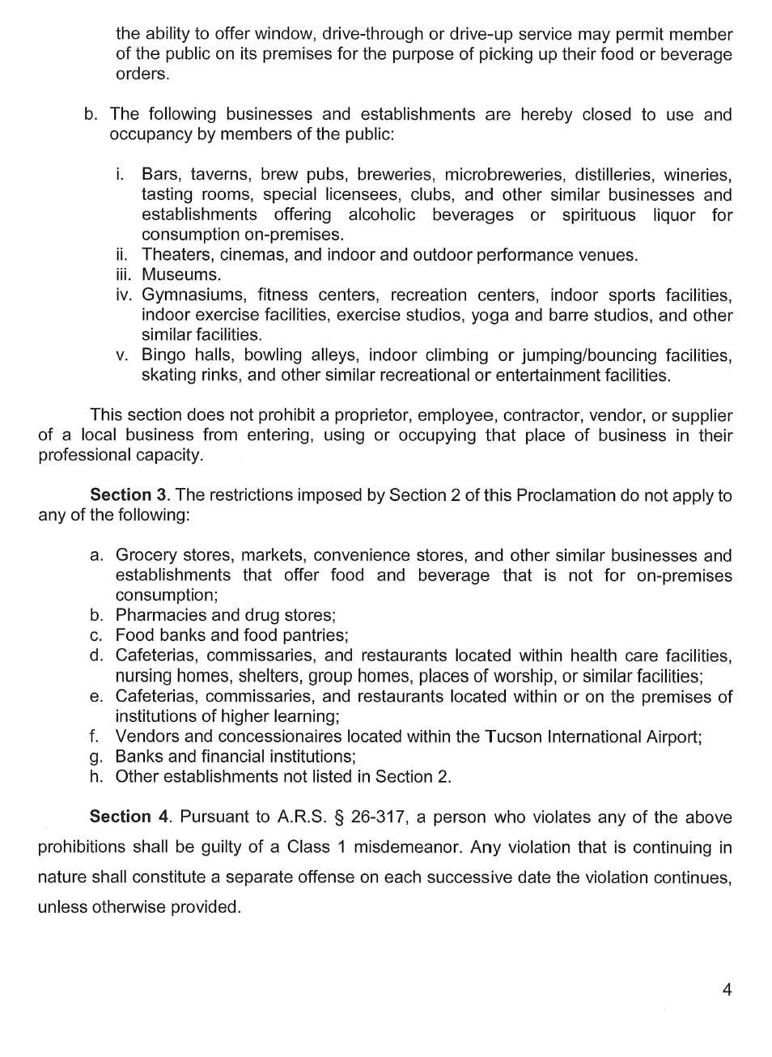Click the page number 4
727,989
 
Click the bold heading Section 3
120,495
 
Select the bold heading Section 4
120,817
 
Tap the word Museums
180,274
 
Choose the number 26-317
378,817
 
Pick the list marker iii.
123,274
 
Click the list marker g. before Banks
96,758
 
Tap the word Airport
667,737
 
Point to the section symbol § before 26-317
337,817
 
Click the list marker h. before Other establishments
96,776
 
